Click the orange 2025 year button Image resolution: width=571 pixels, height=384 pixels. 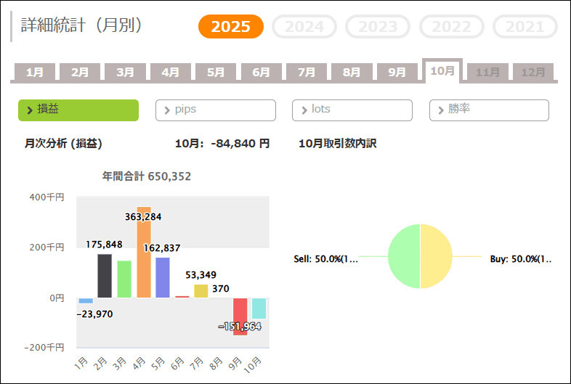(230, 27)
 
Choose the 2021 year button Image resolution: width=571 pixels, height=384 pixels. (525, 27)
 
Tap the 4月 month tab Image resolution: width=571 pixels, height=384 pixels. (171, 72)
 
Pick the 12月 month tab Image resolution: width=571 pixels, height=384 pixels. (533, 72)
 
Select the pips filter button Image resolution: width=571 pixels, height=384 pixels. (216, 110)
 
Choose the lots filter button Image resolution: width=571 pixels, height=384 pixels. (352, 110)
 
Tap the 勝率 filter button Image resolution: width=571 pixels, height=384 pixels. (489, 110)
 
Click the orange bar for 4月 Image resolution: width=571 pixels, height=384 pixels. (144, 254)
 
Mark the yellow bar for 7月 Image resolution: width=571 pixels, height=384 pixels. (201, 290)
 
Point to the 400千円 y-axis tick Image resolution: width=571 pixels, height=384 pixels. (47, 197)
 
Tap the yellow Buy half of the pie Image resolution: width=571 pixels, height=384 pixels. (437, 256)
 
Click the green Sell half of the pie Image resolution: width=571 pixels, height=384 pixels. (404, 256)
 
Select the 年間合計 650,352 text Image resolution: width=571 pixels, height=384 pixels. (147, 176)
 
